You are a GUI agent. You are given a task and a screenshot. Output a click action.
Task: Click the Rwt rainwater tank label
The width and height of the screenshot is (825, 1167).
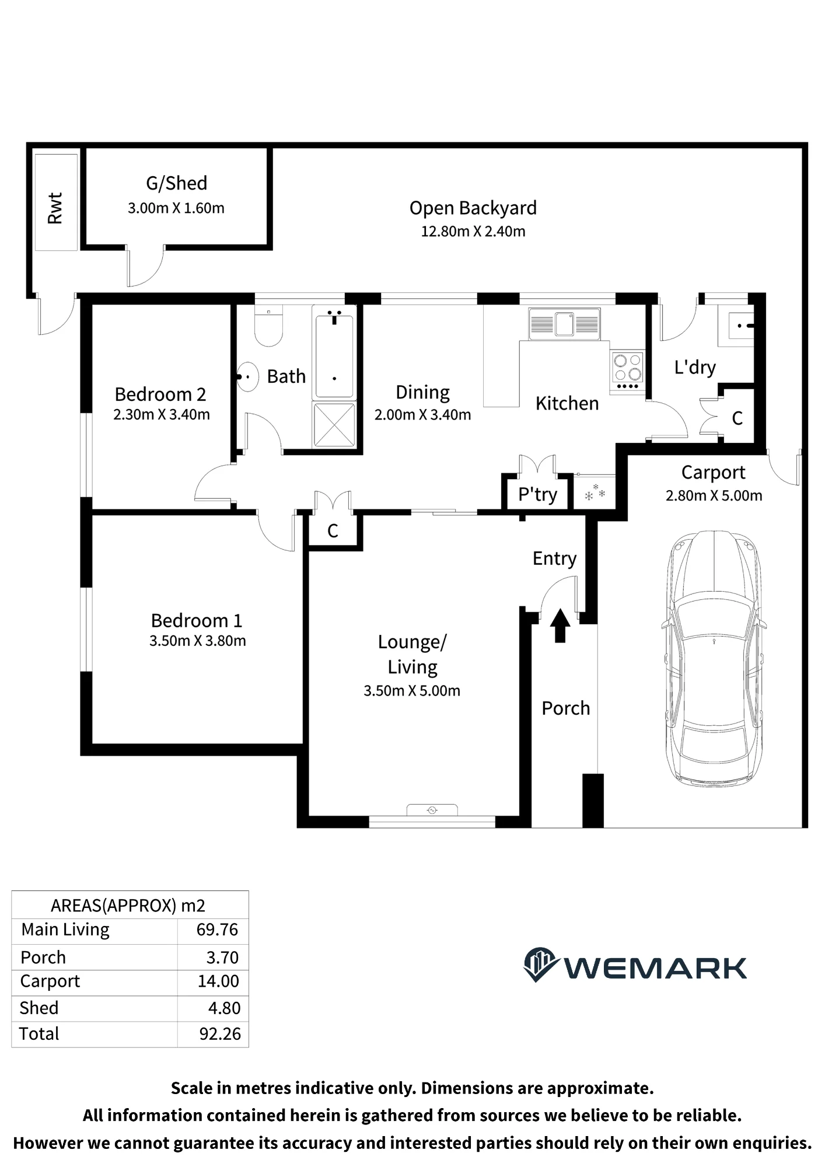pyautogui.click(x=55, y=208)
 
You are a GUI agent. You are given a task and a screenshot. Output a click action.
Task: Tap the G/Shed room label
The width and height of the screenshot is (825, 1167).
pyautogui.click(x=176, y=183)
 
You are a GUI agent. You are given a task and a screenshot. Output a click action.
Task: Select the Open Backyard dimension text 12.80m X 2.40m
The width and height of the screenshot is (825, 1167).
pyautogui.click(x=473, y=232)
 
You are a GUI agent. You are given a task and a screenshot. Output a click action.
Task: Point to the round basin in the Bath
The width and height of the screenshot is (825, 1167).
pyautogui.click(x=247, y=376)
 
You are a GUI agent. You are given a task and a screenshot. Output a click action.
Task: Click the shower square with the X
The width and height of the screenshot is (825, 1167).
pyautogui.click(x=334, y=425)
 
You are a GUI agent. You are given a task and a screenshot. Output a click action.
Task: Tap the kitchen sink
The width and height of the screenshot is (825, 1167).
pyautogui.click(x=564, y=324)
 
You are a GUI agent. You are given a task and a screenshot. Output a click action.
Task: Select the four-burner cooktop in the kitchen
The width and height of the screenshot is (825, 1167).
pyautogui.click(x=627, y=371)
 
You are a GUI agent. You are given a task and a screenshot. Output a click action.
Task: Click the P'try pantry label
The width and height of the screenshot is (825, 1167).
pyautogui.click(x=537, y=495)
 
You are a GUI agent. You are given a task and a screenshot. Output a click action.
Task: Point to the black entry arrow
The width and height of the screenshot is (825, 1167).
pyautogui.click(x=560, y=626)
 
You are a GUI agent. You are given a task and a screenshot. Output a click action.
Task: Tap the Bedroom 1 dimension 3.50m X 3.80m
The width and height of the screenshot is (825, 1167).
pyautogui.click(x=198, y=641)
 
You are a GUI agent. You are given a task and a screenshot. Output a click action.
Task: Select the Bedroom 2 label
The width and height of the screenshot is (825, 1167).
pyautogui.click(x=160, y=394)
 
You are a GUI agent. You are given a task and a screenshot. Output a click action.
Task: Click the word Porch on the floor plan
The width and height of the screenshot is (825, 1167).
pyautogui.click(x=566, y=708)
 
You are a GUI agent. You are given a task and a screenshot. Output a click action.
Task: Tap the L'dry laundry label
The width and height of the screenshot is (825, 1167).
pyautogui.click(x=695, y=368)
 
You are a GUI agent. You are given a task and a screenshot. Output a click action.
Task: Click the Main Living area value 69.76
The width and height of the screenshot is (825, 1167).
pyautogui.click(x=218, y=930)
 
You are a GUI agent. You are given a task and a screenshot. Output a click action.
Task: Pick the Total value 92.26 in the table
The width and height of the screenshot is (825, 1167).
pyautogui.click(x=220, y=1033)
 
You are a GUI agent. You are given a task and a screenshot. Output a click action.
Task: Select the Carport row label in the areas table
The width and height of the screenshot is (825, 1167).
pyautogui.click(x=50, y=982)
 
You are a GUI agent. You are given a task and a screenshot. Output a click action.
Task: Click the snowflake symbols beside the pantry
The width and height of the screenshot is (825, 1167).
pyautogui.click(x=595, y=493)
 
